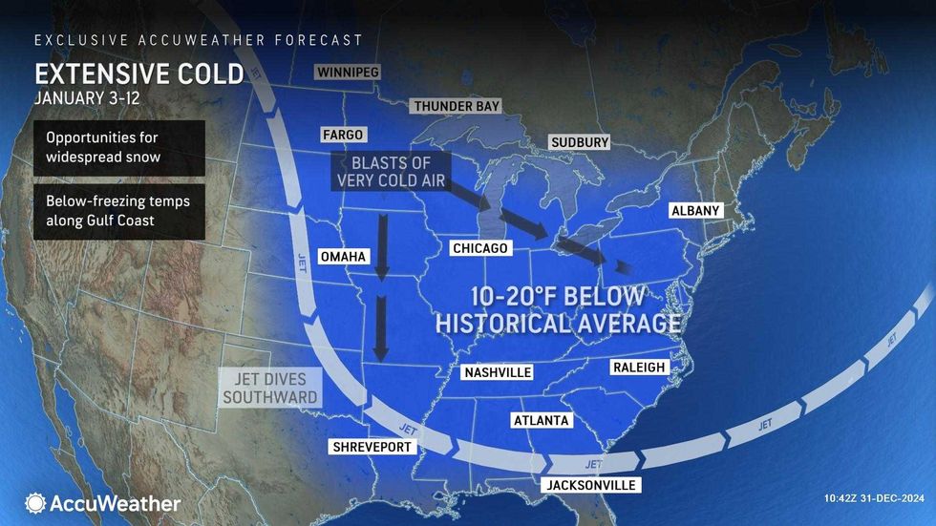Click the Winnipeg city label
(x=349, y=73)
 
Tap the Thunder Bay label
(x=456, y=106)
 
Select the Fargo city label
(x=343, y=136)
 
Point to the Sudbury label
(x=580, y=142)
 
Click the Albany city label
(x=695, y=210)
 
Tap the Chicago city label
(x=479, y=249)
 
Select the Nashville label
(x=496, y=372)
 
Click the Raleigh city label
(x=638, y=368)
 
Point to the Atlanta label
(x=541, y=420)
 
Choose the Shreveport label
(x=371, y=447)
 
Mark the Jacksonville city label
(x=589, y=485)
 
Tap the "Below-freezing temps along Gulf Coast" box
(x=118, y=212)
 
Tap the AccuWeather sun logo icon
(x=36, y=503)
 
